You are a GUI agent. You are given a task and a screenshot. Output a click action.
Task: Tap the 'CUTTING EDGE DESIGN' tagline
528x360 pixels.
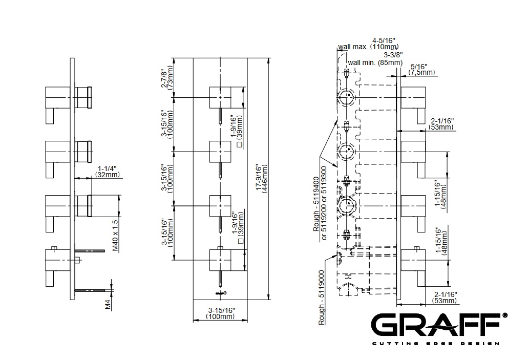coord(435,343)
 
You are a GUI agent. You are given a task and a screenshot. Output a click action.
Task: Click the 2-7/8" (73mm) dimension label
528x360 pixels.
coord(167,77)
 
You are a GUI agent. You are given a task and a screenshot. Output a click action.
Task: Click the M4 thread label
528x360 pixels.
coord(108,305)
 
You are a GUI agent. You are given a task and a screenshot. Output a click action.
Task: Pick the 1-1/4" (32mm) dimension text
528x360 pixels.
coord(107,172)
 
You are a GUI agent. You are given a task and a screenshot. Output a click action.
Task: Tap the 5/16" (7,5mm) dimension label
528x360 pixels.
coord(423,69)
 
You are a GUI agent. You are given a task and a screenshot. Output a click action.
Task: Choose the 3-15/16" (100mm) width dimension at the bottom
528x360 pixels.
coord(221,313)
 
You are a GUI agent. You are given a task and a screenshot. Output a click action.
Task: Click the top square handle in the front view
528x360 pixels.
coord(221,97)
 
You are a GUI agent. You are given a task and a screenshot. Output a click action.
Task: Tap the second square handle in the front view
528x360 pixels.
coord(221,151)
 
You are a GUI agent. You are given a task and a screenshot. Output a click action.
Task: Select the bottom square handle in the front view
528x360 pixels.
coord(221,259)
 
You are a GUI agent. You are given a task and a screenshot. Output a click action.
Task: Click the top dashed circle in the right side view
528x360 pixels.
coord(347,97)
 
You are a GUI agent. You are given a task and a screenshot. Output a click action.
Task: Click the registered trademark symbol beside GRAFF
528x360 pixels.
coord(505,315)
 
